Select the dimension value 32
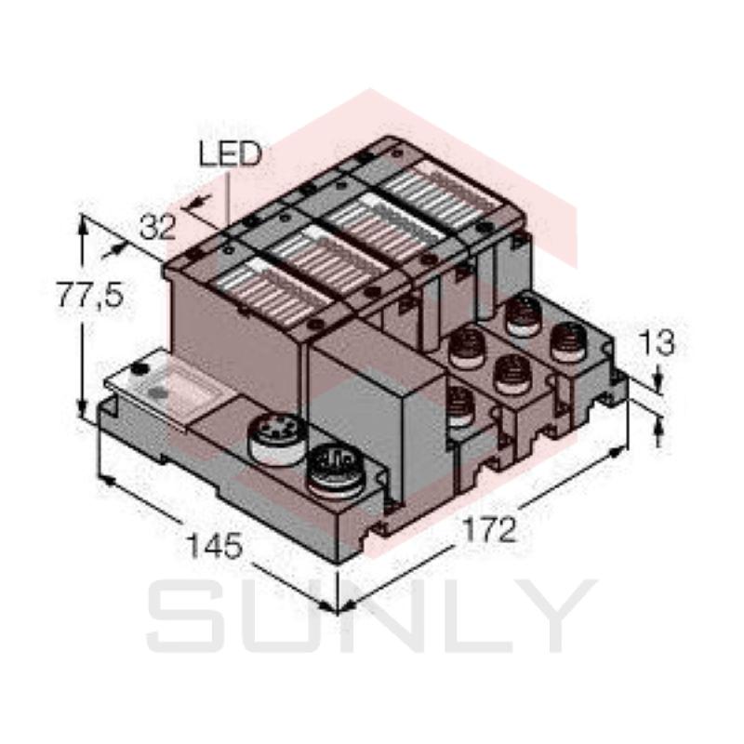coord(158,227)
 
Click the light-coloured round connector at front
coord(274,438)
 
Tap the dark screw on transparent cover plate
coord(139,371)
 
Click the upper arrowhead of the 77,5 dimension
coord(85,223)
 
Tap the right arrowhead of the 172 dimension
coord(621,451)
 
